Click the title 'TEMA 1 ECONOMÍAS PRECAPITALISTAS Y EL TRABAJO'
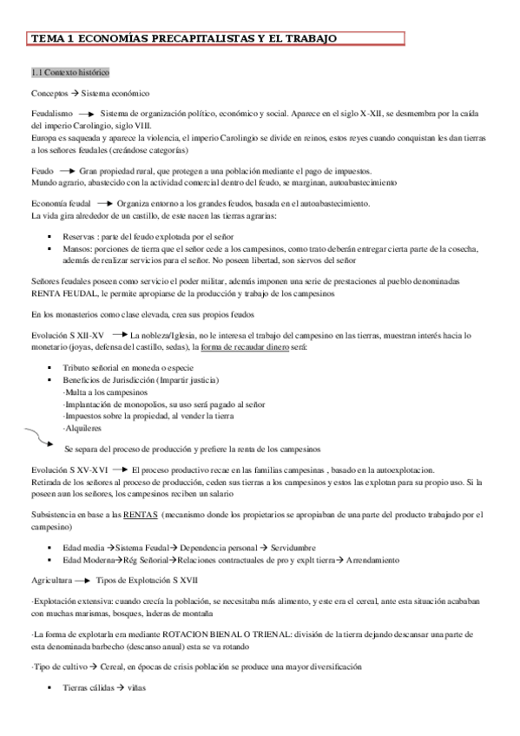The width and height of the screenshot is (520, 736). click(184, 39)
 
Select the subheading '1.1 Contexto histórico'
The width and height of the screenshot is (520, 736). click(69, 72)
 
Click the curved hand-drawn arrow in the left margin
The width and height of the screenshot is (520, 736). click(38, 437)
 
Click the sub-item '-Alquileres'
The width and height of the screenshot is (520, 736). click(82, 427)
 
